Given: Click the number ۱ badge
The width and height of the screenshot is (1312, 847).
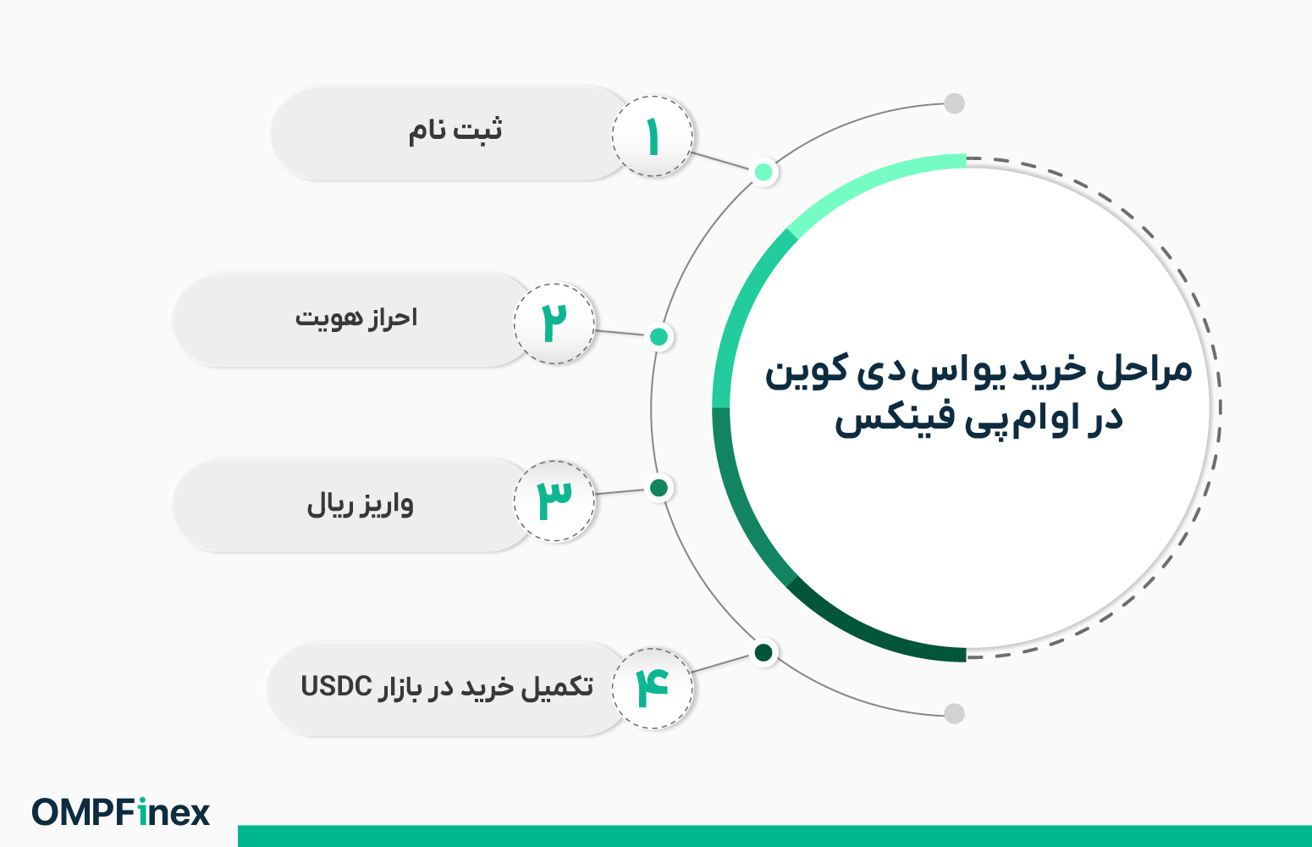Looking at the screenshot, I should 652,136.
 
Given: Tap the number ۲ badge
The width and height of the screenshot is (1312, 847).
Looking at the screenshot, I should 554,324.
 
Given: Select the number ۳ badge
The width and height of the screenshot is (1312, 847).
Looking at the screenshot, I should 554,501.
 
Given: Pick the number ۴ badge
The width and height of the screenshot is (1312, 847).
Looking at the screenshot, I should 652,688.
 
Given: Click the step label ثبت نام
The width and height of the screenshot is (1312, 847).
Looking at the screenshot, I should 455,131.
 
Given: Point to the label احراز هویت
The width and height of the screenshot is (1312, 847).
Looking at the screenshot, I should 356,318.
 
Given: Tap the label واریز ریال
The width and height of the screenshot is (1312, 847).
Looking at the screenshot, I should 360,505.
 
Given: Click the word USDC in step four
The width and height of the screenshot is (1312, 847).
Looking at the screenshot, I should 336,686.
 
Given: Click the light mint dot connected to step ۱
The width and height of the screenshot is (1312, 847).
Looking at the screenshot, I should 763,172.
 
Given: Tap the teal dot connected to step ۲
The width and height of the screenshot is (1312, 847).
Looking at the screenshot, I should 659,337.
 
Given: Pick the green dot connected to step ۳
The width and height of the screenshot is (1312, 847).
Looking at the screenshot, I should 659,488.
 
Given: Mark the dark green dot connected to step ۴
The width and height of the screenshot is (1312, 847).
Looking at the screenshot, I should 763,652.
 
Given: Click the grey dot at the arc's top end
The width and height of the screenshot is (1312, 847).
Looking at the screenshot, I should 954,103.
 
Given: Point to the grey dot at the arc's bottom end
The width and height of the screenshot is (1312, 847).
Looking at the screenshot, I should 954,713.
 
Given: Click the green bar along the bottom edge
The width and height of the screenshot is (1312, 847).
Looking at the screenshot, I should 775,836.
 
